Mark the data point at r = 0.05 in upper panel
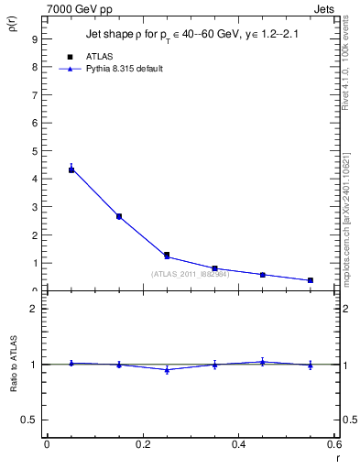click(71, 169)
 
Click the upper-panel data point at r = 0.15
click(119, 216)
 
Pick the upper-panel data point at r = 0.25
click(167, 256)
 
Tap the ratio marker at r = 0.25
click(167, 369)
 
